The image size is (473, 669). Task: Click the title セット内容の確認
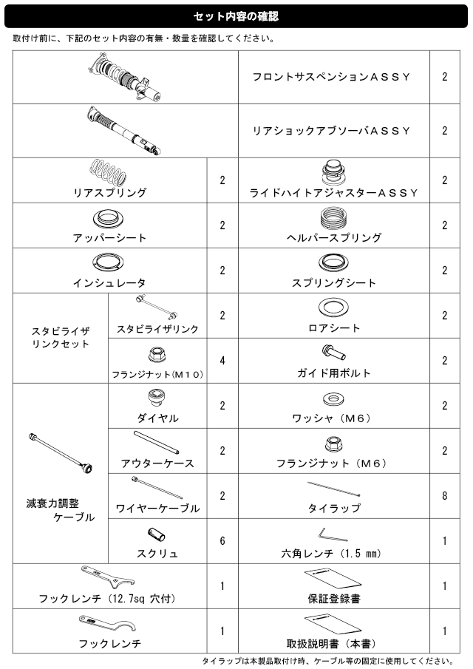236,15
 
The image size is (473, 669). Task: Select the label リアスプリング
109,193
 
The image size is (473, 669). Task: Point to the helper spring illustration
334,218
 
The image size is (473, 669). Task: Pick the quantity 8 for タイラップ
444,495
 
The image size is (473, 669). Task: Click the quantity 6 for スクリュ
222,540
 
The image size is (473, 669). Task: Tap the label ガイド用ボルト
334,373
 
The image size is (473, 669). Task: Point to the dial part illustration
157,398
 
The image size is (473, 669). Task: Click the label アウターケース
157,463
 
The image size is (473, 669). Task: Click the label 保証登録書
334,598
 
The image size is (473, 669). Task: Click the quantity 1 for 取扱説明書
444,631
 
